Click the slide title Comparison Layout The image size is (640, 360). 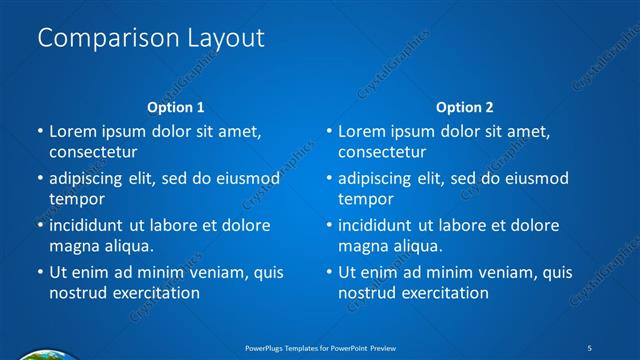150,38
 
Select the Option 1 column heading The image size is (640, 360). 176,106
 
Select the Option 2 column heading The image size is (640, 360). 465,106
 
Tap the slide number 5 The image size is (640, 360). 590,347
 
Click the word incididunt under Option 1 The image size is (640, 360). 91,225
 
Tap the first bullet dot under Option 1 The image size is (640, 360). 40,132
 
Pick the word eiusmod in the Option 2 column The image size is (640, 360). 533,178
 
